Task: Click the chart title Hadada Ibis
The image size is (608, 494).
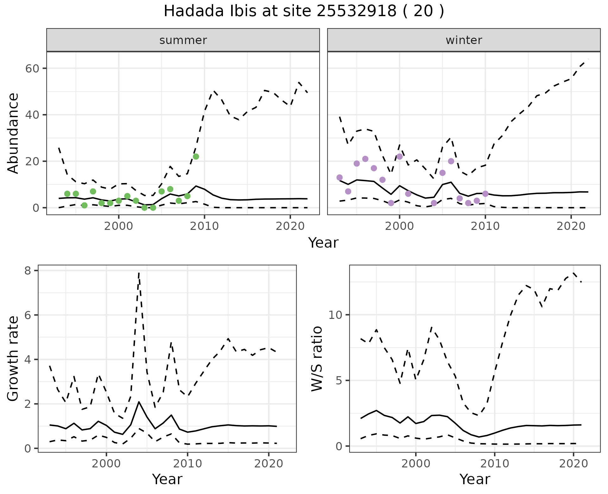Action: pos(304,11)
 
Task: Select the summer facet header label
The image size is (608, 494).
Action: pos(183,40)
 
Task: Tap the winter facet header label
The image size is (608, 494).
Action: pos(464,40)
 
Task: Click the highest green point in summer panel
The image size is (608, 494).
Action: pos(196,156)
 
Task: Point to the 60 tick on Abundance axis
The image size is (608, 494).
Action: pos(32,68)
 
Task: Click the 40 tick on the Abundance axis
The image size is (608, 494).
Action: pos(32,115)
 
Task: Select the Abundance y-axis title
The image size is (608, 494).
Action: pos(13,133)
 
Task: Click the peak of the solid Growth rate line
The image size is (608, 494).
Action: pos(139,402)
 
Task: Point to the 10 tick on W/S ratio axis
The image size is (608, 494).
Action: pos(335,315)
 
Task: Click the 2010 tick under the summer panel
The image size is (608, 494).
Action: pos(205,226)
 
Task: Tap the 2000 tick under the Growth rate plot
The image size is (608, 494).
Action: pos(106,464)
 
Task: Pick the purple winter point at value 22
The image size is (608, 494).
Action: pos(400,156)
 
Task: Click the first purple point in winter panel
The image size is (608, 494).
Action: pos(339,177)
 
